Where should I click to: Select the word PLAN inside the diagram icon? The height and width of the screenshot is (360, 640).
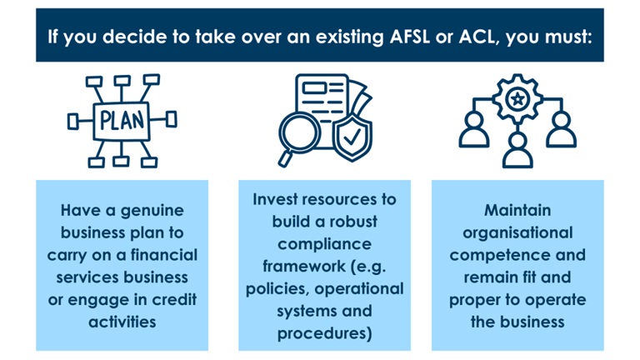click(122, 120)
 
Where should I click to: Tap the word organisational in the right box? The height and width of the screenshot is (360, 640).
click(517, 232)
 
